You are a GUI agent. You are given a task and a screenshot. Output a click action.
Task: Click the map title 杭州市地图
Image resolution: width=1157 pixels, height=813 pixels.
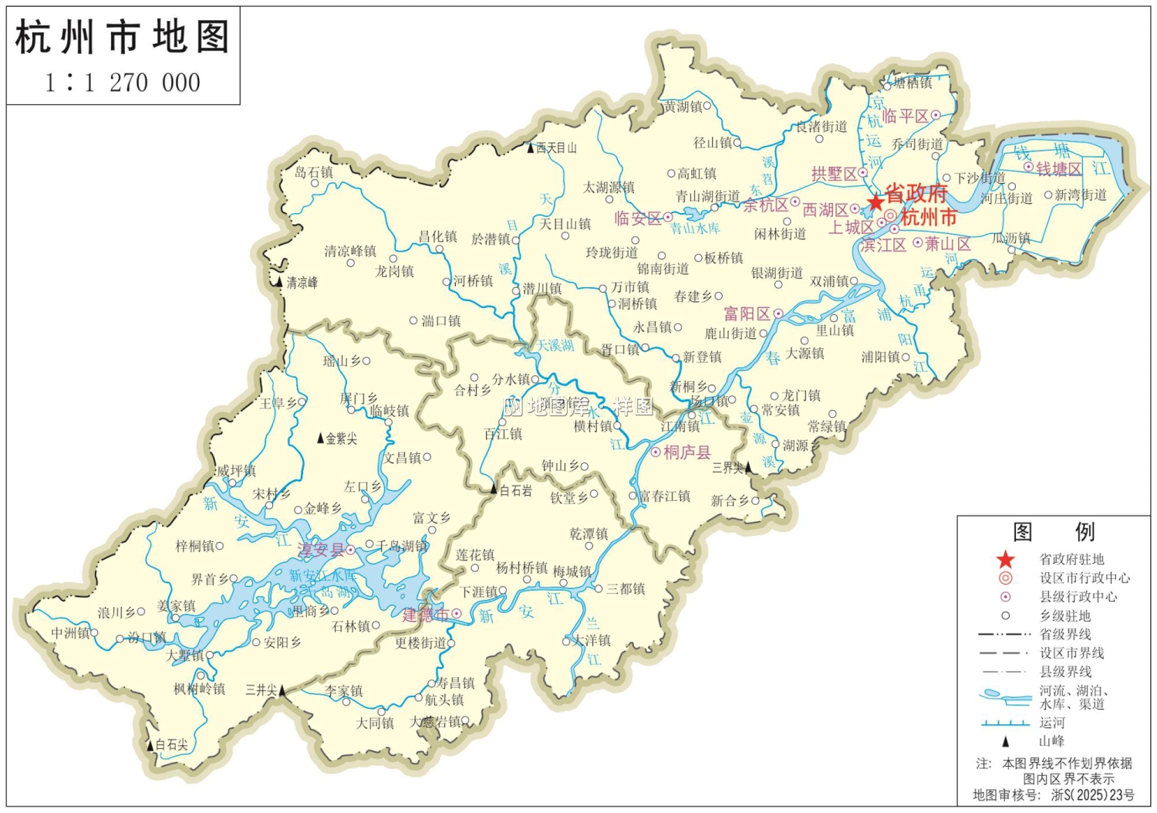pos(123,38)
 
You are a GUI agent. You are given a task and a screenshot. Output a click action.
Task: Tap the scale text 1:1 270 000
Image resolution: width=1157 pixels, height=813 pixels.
pos(123,83)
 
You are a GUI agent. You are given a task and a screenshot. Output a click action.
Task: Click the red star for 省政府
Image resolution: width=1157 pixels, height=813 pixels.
pos(875,202)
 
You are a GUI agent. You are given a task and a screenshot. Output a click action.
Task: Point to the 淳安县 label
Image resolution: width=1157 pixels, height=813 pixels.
pos(321,550)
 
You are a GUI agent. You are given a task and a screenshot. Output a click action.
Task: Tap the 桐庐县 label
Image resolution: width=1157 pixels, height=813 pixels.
pos(686,452)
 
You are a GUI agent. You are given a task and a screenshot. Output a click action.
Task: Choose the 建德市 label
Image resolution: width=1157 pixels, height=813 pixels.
pos(425,615)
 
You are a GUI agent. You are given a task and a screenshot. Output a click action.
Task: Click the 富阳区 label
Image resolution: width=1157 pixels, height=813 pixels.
pos(747,313)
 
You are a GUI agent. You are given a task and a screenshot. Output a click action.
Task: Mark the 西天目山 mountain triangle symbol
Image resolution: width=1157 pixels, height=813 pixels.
pos(530,147)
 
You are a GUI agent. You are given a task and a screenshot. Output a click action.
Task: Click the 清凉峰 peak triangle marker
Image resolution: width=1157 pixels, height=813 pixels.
pos(278,283)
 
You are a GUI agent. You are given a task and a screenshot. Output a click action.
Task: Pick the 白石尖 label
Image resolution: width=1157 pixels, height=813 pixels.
pos(171,745)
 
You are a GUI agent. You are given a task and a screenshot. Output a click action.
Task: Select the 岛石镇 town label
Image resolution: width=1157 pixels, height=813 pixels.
pos(314,172)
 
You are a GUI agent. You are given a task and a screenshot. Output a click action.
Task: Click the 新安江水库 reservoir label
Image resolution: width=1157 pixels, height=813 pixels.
pos(322,575)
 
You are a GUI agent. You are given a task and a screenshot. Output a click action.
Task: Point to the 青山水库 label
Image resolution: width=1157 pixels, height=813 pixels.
pos(694,229)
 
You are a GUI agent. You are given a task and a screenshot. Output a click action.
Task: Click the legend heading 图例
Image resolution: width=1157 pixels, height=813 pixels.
pos(1053,531)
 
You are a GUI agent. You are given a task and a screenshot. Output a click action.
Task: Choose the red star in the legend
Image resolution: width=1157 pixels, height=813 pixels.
pos(1005,559)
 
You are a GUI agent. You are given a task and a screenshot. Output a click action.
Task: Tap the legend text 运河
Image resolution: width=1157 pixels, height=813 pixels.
pos(1051,723)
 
